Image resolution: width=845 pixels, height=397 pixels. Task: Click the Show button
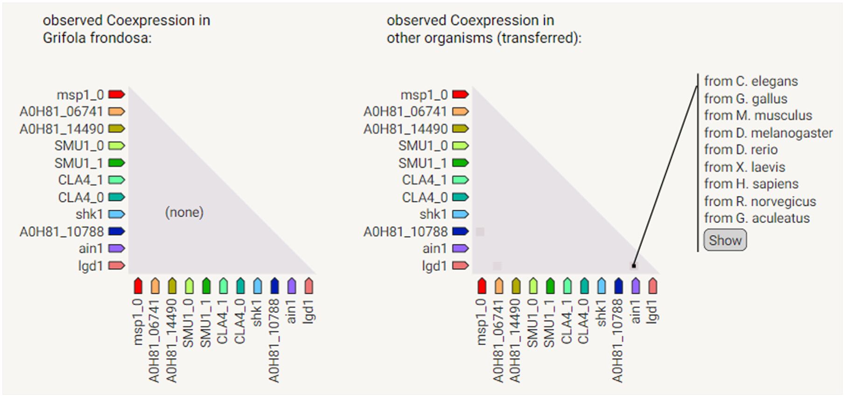tap(725, 240)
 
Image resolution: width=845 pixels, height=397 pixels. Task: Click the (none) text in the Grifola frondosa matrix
tap(184, 213)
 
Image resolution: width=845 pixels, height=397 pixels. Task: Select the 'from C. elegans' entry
tap(751, 81)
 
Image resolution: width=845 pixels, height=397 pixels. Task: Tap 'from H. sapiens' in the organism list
tap(751, 184)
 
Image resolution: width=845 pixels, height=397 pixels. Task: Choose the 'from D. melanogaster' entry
tap(768, 133)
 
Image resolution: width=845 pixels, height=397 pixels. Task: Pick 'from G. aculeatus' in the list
tap(757, 218)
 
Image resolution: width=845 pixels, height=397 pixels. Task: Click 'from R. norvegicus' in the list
tap(760, 201)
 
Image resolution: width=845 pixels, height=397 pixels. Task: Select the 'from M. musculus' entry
tap(758, 115)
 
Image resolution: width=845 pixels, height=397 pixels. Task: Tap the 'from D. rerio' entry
tap(740, 150)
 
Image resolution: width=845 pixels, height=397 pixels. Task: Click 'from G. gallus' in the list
tap(746, 99)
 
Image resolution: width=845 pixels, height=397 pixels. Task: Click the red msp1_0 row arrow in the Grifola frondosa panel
tap(117, 94)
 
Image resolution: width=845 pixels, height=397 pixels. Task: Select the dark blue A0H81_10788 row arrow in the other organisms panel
tap(461, 231)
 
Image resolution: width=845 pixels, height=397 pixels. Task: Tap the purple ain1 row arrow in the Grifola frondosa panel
tap(117, 248)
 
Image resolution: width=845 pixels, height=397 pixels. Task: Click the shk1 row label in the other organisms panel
tap(433, 214)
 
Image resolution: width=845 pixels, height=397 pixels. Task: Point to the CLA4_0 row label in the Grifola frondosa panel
tap(81, 197)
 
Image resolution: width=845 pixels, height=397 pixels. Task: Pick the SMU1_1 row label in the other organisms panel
tap(422, 163)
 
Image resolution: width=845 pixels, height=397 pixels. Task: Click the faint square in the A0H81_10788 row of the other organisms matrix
tap(480, 232)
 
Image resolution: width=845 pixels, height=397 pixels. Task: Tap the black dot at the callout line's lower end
tap(634, 266)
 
